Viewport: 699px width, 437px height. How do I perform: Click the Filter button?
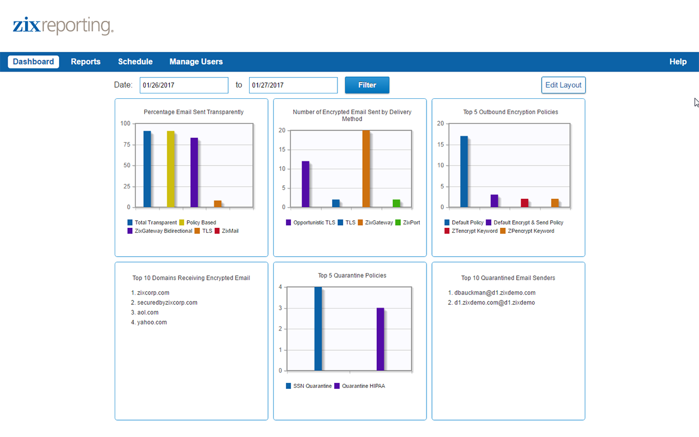click(367, 85)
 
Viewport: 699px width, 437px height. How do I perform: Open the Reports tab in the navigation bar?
click(86, 62)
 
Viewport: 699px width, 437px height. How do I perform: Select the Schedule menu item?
click(135, 62)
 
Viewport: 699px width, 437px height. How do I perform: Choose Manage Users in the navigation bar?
click(196, 62)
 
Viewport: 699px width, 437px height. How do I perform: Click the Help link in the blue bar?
click(678, 62)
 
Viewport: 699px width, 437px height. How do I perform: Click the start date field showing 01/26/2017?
click(184, 85)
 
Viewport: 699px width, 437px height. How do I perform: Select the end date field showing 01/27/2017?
click(293, 85)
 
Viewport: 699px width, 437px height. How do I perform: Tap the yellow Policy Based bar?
click(171, 169)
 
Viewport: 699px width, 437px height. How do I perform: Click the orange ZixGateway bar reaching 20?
click(366, 169)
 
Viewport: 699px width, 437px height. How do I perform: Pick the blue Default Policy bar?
click(464, 172)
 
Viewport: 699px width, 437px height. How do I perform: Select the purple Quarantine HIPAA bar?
click(381, 339)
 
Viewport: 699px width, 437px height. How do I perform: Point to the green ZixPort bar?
click(396, 203)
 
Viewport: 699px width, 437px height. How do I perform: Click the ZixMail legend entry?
click(227, 231)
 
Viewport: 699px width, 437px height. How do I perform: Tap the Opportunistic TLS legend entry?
click(310, 223)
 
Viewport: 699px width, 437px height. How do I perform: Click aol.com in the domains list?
click(147, 312)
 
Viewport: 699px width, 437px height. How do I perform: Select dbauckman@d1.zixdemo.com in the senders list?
click(495, 293)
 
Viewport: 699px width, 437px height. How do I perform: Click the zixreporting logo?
click(63, 26)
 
